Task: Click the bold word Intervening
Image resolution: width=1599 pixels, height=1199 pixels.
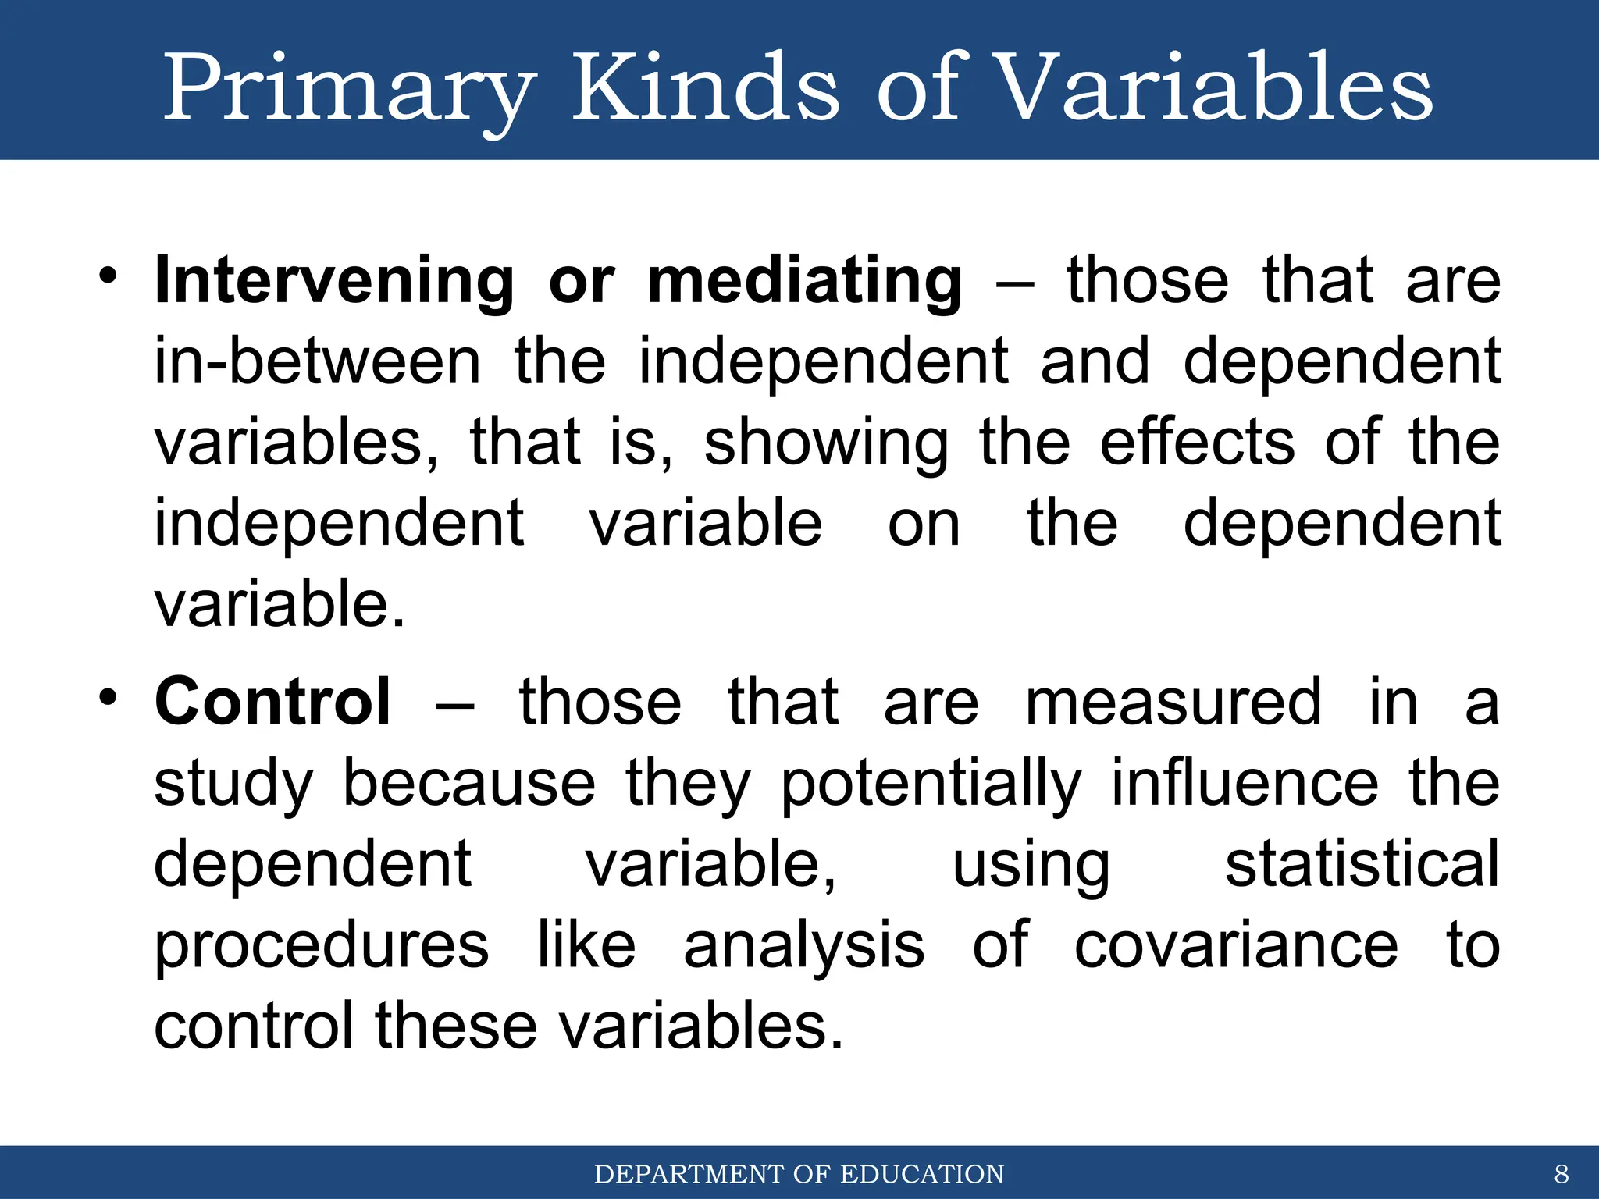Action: point(333,281)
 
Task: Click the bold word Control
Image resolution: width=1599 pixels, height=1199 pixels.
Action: point(272,702)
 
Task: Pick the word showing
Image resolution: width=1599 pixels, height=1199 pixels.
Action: point(826,443)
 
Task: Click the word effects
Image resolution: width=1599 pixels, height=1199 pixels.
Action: point(1198,442)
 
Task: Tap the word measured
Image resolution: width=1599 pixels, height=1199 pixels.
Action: point(1173,702)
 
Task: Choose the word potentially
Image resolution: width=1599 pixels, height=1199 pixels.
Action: point(931,784)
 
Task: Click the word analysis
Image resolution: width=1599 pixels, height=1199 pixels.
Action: point(803,946)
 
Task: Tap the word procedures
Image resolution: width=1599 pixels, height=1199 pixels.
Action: point(321,946)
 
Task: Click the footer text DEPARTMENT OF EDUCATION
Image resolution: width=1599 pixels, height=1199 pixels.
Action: point(799,1174)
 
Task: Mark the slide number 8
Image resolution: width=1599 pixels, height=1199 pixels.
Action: point(1561,1174)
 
